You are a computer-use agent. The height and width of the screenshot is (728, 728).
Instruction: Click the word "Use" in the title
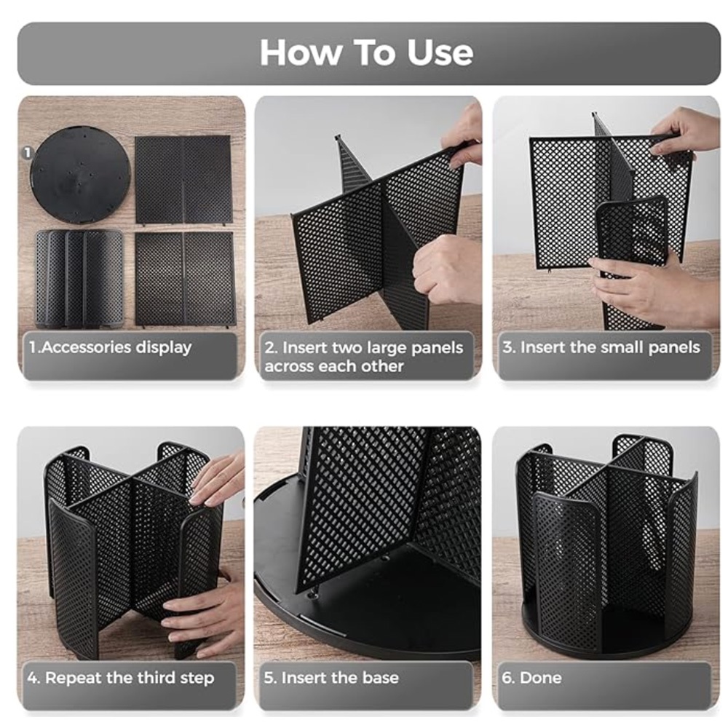point(440,52)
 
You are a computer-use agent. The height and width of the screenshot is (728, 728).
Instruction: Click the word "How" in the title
point(300,52)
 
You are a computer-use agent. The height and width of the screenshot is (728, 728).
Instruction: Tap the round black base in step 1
point(80,175)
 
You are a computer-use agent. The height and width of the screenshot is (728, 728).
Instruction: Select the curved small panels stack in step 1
point(79,279)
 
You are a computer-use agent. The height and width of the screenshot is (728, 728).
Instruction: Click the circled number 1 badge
point(28,152)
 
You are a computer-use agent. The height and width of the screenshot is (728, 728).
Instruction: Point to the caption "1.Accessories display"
point(110,347)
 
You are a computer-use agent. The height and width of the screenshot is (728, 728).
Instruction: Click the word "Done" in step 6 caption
point(540,678)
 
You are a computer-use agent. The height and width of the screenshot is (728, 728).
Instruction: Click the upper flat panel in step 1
point(183,180)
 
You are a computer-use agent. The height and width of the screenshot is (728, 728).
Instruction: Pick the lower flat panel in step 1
point(185,279)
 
